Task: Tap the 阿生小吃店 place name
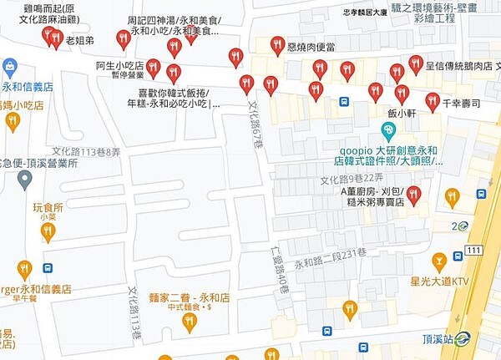point(120,65)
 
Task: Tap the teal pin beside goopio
point(387,130)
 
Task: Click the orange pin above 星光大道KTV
point(438,261)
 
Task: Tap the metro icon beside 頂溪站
point(463,338)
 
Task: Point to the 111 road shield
point(474,251)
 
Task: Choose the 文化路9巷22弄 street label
point(352,180)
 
